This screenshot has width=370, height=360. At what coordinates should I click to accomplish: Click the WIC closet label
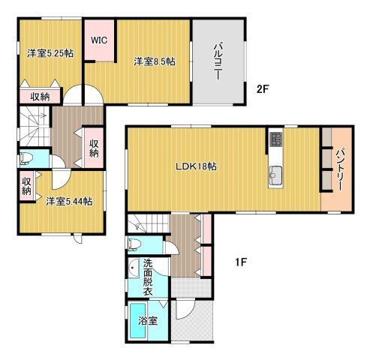click(x=99, y=40)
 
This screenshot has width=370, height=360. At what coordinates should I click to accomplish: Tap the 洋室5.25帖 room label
click(x=50, y=53)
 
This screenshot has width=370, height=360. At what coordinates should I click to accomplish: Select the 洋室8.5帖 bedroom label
click(x=155, y=61)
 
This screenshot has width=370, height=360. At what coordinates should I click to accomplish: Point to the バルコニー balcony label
click(x=218, y=61)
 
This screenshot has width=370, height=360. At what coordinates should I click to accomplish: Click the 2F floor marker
click(x=263, y=89)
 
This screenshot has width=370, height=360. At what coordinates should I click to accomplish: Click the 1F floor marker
click(x=241, y=262)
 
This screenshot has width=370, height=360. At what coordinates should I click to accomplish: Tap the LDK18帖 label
click(x=196, y=166)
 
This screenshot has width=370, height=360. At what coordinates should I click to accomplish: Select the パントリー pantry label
click(x=338, y=170)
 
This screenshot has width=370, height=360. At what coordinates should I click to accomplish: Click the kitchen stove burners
click(x=276, y=139)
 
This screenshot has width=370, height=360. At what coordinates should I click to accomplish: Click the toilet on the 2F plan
click(x=26, y=159)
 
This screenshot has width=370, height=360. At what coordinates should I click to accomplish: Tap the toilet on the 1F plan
click(x=133, y=244)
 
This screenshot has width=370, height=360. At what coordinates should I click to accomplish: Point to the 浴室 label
click(x=148, y=321)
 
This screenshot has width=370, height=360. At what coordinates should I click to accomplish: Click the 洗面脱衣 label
click(x=148, y=277)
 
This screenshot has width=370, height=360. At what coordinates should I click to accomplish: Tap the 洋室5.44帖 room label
click(x=69, y=201)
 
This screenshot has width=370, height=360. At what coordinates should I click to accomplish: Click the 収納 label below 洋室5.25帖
click(x=40, y=97)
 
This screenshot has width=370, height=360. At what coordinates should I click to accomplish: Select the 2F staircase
click(x=35, y=126)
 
